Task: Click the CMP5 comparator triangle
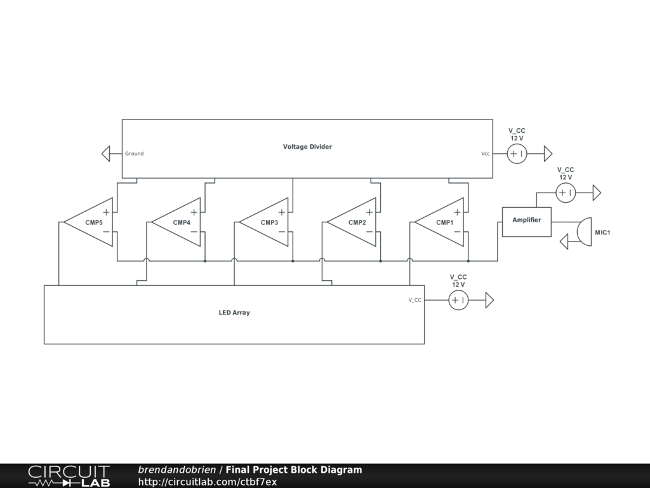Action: click(x=92, y=222)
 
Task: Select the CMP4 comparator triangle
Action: click(x=180, y=222)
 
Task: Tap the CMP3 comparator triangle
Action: click(x=267, y=222)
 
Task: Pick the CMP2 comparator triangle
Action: click(x=355, y=222)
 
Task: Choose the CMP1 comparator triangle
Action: click(x=442, y=222)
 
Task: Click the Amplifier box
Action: click(x=527, y=222)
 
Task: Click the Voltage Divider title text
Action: click(x=307, y=147)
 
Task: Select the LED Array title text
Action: click(x=234, y=313)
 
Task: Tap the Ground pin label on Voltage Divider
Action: click(x=134, y=154)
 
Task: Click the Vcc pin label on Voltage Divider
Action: click(x=486, y=154)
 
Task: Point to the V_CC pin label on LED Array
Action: click(x=415, y=300)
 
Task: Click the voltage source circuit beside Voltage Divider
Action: click(x=517, y=154)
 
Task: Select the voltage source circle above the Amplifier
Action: click(x=566, y=193)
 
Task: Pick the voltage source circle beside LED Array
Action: click(x=458, y=300)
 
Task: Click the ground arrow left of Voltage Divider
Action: click(x=106, y=154)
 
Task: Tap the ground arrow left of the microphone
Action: click(x=564, y=241)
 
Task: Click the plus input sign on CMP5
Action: click(x=107, y=212)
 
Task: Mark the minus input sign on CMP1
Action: click(x=457, y=233)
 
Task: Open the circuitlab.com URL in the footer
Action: click(x=208, y=482)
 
